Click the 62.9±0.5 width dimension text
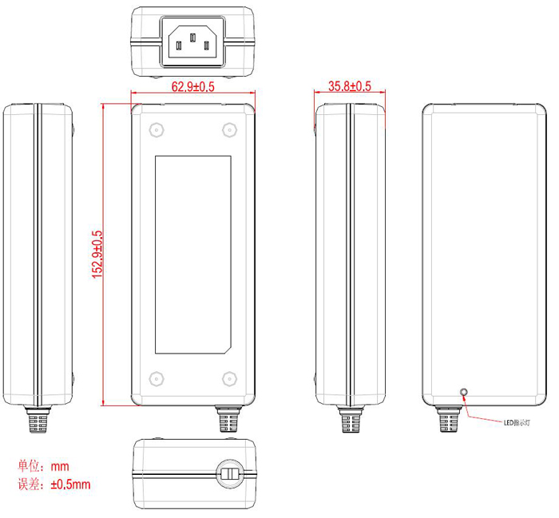click(193, 88)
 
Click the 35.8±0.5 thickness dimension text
click(350, 86)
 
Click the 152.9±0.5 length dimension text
click(97, 254)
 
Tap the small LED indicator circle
click(464, 392)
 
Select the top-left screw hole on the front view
click(154, 130)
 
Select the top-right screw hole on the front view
click(230, 130)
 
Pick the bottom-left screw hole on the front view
click(154, 379)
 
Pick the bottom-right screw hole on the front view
click(230, 379)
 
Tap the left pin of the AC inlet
click(180, 45)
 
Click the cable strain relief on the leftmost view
click(37, 420)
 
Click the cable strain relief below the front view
click(228, 420)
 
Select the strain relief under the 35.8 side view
click(351, 420)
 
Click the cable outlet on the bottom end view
click(229, 473)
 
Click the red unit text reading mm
click(60, 466)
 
